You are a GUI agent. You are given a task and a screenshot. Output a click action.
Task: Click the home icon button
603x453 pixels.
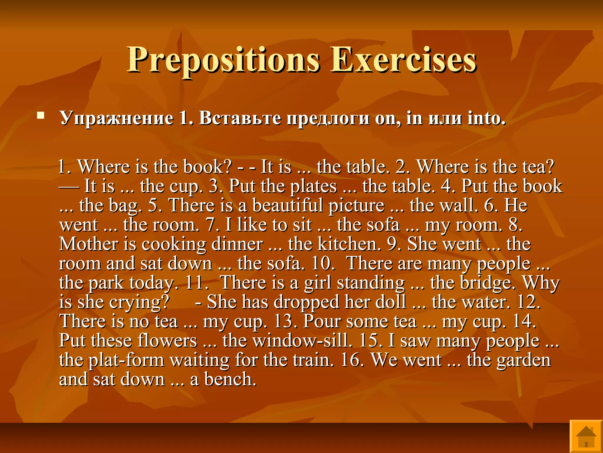586,436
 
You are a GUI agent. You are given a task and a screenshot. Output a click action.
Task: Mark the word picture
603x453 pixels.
357,205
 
